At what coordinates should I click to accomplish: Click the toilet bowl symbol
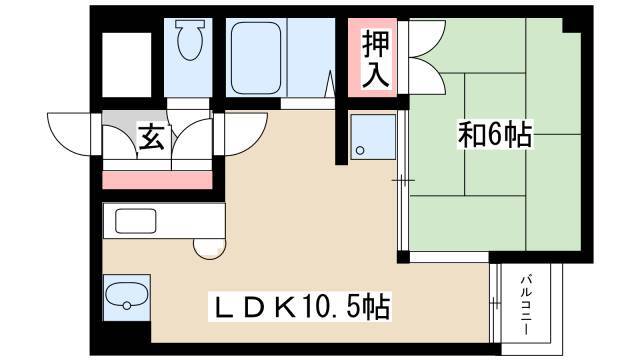pos(190,40)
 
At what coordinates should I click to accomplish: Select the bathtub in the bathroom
pos(256,58)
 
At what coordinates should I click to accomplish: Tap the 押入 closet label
pos(375,59)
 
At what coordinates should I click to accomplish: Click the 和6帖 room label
pos(495,134)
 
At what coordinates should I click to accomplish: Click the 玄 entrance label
pos(151,138)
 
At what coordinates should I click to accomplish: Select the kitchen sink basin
pos(136,221)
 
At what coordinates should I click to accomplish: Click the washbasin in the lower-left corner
pos(127,297)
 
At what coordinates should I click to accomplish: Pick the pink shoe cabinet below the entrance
pos(157,180)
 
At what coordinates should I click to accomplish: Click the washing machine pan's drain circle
pos(360,150)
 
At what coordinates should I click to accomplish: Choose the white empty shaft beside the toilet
pos(127,64)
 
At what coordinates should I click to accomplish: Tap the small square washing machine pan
pos(373,137)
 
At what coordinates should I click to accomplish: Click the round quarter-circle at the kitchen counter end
pos(209,249)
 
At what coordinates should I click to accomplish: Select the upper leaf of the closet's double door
pos(427,38)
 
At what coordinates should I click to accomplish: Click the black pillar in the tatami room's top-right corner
pos(572,25)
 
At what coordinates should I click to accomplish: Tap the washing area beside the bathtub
pos(311,58)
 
